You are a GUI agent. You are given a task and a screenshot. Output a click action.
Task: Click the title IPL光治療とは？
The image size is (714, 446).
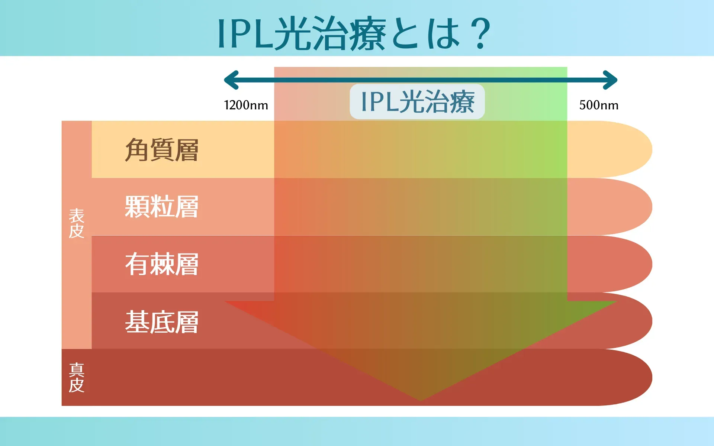[354, 33]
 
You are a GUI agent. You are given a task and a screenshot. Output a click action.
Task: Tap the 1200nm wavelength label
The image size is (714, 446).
[246, 105]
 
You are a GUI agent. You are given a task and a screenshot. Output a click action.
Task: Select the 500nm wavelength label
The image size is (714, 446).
[599, 105]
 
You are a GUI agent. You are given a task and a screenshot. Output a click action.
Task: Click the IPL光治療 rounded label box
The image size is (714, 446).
[417, 101]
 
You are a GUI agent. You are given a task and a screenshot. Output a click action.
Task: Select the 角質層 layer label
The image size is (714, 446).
[162, 150]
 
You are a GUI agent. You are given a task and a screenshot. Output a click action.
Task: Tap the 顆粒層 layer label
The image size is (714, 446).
[162, 207]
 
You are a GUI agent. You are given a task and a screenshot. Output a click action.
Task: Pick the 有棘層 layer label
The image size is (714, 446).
[162, 264]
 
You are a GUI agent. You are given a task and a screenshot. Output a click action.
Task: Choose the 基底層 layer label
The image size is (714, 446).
[162, 322]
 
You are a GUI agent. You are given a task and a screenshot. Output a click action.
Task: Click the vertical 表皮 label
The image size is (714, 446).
[77, 223]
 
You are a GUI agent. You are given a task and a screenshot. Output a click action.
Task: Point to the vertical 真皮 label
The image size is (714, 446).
[77, 378]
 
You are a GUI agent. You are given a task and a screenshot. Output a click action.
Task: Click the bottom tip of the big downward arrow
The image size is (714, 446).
[421, 401]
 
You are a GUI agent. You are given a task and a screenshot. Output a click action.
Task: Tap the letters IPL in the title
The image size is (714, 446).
[246, 34]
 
